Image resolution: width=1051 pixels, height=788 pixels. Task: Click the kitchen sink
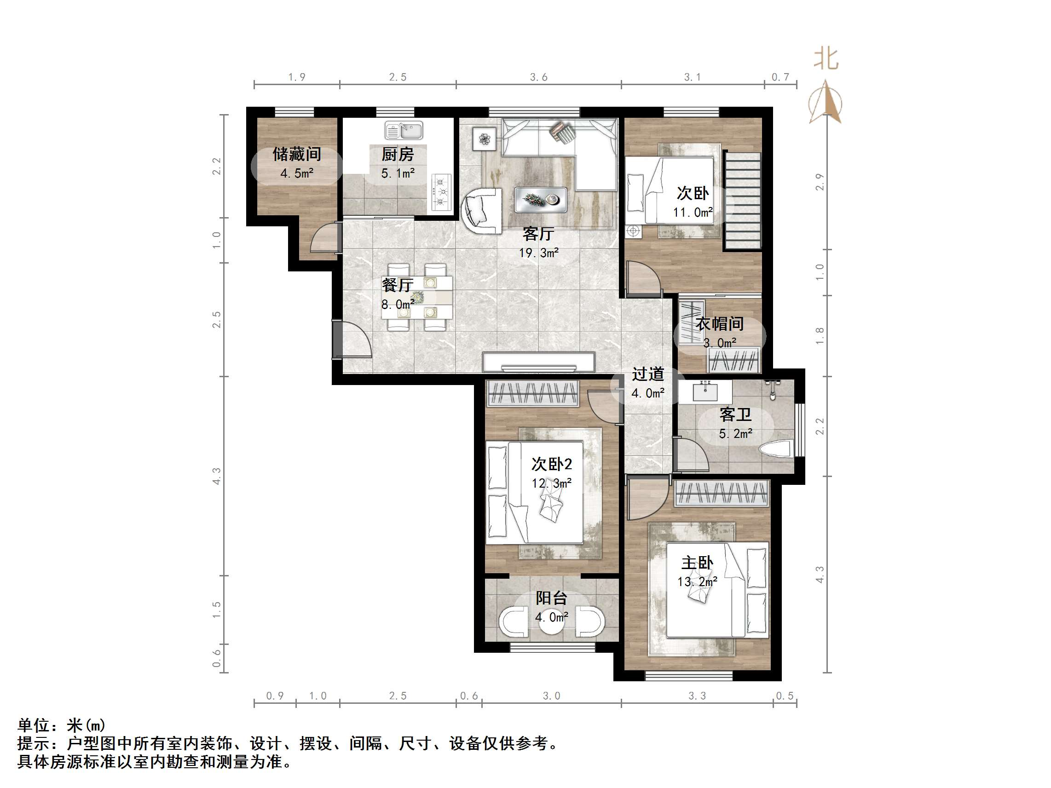coord(404,130)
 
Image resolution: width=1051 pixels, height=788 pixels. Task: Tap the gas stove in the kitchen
coord(441,192)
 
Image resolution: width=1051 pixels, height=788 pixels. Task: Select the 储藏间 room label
coord(296,154)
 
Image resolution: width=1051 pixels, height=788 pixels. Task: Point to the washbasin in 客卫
coord(705,391)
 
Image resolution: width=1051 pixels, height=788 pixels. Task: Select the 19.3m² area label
coord(538,253)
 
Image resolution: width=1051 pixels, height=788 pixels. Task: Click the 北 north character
coord(826,59)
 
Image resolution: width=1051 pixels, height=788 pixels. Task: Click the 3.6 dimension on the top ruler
coord(538,77)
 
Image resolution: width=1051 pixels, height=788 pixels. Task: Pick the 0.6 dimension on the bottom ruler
coord(468,696)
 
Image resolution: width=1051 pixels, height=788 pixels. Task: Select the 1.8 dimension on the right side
coord(820,335)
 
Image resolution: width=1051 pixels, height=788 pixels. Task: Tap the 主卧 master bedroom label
coord(697,563)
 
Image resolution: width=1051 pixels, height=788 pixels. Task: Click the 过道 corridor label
coord(647,374)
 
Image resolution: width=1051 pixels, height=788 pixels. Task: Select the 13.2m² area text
coord(697,581)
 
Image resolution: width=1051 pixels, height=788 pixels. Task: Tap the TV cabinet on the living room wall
coord(538,362)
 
